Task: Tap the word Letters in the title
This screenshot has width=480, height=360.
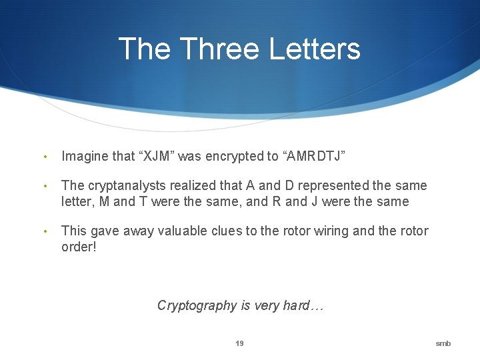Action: [x=315, y=49]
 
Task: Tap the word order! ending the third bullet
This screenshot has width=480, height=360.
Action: [x=79, y=247]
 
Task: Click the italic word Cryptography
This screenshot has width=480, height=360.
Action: [x=197, y=305]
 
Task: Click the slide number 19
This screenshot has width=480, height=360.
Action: [x=239, y=343]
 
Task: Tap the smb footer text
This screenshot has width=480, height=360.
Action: [x=443, y=343]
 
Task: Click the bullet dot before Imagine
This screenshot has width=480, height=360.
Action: [x=45, y=157]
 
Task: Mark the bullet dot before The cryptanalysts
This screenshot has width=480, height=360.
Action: [x=45, y=187]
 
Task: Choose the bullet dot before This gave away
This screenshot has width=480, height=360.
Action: [x=45, y=232]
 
